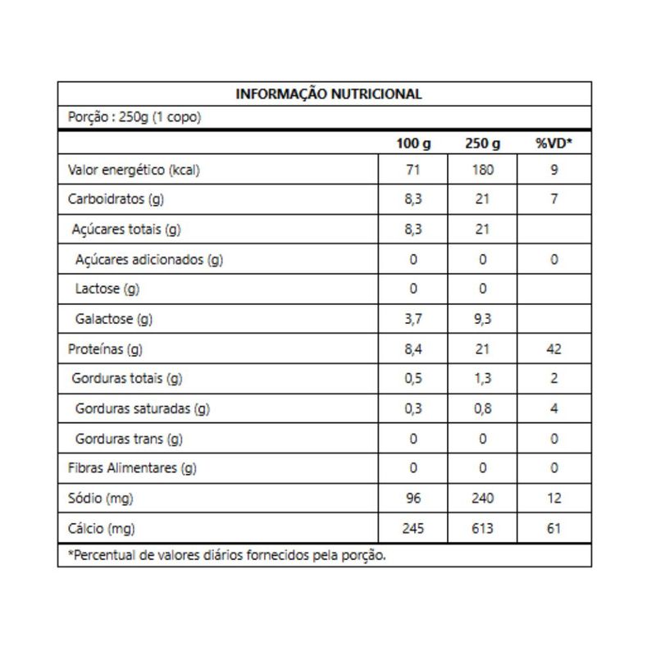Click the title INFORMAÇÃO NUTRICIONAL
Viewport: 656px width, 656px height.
(329, 93)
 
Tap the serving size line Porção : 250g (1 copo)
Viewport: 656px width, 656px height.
(134, 117)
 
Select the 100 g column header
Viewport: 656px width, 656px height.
(413, 143)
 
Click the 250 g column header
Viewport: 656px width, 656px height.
(483, 143)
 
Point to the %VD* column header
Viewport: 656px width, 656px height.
(554, 143)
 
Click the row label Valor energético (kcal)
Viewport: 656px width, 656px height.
(134, 171)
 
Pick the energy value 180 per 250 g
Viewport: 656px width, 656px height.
(483, 171)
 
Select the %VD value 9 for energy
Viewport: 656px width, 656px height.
(554, 171)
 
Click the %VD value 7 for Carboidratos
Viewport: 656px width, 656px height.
(554, 200)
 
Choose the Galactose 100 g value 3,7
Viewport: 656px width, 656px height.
(413, 319)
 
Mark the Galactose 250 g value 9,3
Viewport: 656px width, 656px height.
(483, 319)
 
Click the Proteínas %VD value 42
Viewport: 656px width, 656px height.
(554, 349)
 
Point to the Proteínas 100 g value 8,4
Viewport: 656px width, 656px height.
(413, 349)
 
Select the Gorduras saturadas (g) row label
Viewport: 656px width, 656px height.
(142, 408)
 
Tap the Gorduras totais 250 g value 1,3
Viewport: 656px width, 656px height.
(483, 379)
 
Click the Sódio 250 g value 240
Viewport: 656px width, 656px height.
(483, 498)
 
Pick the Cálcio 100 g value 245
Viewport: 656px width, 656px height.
(413, 528)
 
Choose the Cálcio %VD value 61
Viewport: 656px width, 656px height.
(554, 528)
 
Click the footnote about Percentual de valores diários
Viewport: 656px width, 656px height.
(226, 555)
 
